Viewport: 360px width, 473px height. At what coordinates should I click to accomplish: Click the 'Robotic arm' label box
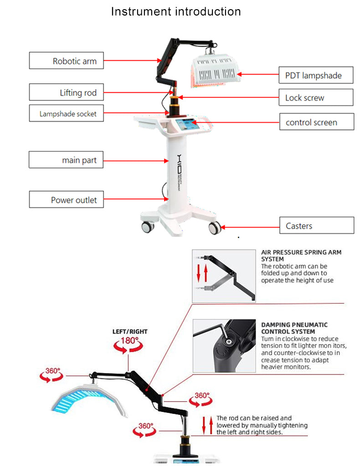66,61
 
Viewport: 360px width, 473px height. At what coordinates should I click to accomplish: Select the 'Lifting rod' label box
66,92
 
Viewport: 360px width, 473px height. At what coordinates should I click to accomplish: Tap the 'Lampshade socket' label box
66,113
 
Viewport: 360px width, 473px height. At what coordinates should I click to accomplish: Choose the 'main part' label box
66,160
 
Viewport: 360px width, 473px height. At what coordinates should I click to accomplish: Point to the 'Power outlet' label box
66,199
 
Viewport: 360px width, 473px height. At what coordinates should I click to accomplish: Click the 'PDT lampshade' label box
316,75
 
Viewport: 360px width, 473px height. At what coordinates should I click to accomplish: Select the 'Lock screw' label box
316,97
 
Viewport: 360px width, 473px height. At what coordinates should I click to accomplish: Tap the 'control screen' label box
316,122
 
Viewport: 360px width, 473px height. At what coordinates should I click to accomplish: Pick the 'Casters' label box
316,225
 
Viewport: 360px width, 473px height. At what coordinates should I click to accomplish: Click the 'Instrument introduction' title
176,11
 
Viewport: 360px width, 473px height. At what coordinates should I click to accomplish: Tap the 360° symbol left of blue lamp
52,375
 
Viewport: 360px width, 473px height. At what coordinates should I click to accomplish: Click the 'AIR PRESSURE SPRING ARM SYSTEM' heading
301,255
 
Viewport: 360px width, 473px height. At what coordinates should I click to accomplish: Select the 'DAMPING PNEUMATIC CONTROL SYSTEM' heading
294,328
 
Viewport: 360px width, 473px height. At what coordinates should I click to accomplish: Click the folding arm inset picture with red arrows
224,276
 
